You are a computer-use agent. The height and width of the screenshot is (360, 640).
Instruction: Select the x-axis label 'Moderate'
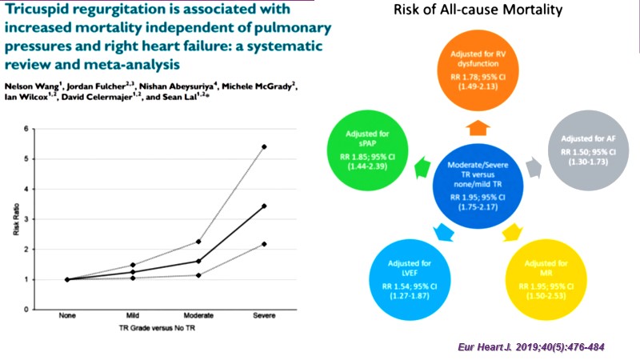(x=198, y=316)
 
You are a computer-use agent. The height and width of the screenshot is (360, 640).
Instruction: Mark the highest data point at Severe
(x=264, y=147)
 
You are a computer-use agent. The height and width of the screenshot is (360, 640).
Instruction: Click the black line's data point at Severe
(x=264, y=206)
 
